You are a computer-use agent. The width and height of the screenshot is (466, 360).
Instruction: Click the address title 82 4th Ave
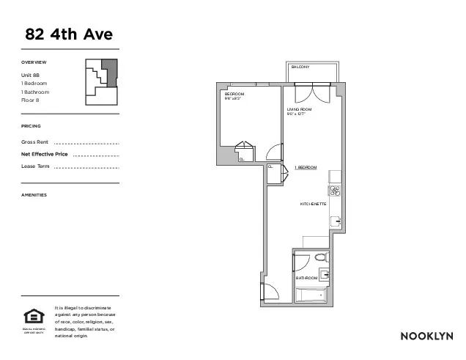69,34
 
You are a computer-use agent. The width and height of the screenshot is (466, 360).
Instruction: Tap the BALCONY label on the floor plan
300,67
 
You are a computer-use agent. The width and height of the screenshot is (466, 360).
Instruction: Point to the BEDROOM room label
234,95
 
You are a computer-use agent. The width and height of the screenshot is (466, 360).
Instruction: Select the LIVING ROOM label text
300,109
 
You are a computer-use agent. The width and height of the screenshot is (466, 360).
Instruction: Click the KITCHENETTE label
313,203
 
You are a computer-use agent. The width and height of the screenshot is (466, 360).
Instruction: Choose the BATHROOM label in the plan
306,279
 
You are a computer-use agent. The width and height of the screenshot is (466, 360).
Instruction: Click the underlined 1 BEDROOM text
306,168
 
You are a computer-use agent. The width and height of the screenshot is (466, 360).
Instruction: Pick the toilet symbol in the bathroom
319,257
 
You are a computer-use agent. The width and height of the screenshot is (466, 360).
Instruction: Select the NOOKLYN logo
426,336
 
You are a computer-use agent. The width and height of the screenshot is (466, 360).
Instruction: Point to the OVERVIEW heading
34,62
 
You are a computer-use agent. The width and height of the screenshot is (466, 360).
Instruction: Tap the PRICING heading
32,126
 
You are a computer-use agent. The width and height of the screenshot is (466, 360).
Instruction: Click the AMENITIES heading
34,195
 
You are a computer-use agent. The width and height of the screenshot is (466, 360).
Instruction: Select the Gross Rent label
35,142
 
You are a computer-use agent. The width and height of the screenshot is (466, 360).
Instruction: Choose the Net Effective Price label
45,154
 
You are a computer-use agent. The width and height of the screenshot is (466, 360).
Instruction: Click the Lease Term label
36,167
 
